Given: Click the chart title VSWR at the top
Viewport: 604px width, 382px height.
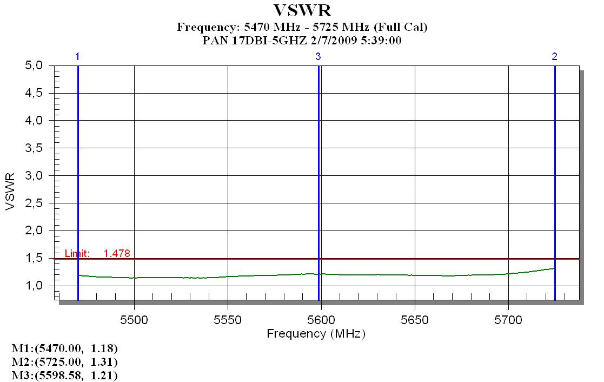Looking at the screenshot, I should click(x=302, y=10).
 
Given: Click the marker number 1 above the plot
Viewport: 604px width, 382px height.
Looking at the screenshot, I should click(x=78, y=56).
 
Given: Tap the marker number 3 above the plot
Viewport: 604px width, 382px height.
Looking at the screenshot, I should click(x=318, y=56).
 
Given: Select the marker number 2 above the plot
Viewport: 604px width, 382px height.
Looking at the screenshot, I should click(x=555, y=56).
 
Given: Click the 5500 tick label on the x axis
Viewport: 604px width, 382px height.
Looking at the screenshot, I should click(x=134, y=319).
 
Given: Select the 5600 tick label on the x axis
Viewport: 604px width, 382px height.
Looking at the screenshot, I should click(x=321, y=319).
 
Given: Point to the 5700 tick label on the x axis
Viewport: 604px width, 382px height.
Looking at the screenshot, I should click(x=508, y=319).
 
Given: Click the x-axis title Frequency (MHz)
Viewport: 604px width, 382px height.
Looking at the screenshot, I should click(x=316, y=334).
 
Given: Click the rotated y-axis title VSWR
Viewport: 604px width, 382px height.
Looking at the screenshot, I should click(x=11, y=192).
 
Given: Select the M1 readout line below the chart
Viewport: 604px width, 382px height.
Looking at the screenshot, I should click(x=68, y=347).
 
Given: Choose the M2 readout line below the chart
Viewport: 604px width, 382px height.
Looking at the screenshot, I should click(x=68, y=361).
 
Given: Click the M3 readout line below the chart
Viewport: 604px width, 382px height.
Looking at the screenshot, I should click(x=68, y=374).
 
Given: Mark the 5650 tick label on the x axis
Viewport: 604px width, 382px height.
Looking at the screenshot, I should click(x=415, y=319).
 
